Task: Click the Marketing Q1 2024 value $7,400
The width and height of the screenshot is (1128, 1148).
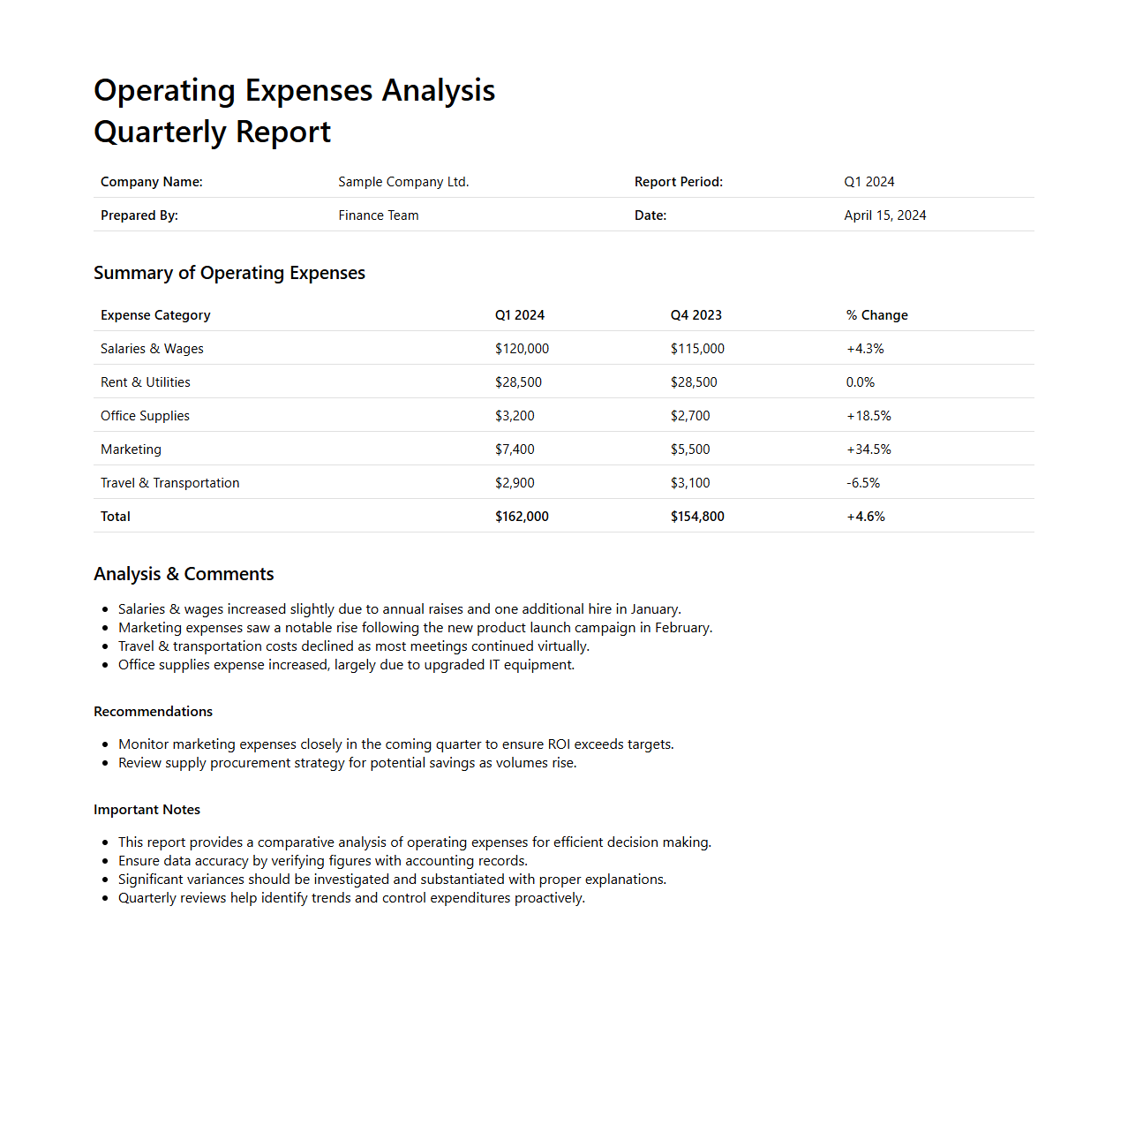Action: [x=515, y=449]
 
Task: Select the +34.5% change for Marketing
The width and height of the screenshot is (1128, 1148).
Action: [x=869, y=449]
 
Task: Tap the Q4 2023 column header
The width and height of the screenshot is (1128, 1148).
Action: [x=696, y=315]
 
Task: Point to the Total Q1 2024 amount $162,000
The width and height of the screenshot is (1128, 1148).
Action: [x=522, y=517]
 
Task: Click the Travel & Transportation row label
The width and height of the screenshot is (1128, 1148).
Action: [x=169, y=483]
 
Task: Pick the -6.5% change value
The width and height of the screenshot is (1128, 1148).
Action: [x=862, y=483]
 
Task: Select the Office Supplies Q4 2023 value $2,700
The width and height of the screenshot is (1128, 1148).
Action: [x=690, y=416]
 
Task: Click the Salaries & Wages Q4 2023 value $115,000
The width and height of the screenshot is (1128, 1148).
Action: [x=697, y=349]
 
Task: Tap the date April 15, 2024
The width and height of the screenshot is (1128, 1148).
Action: [x=884, y=215]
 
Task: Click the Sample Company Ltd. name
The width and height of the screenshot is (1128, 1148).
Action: [x=403, y=182]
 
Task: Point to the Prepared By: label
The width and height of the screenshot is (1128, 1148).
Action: [x=139, y=215]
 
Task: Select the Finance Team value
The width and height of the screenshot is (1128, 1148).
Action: [x=378, y=215]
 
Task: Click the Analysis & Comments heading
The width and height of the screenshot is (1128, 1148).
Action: [x=184, y=574]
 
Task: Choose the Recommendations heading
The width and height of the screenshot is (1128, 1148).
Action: [x=153, y=712]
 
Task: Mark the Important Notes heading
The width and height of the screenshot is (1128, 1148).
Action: [x=147, y=810]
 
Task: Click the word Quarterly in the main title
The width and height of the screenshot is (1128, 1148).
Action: [x=160, y=132]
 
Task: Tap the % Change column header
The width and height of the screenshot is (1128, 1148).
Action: [x=876, y=315]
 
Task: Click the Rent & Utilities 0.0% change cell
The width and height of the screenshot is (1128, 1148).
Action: [x=860, y=382]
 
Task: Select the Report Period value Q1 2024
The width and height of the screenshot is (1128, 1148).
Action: [x=869, y=182]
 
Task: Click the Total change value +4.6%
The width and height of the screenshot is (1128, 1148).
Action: [x=865, y=517]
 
